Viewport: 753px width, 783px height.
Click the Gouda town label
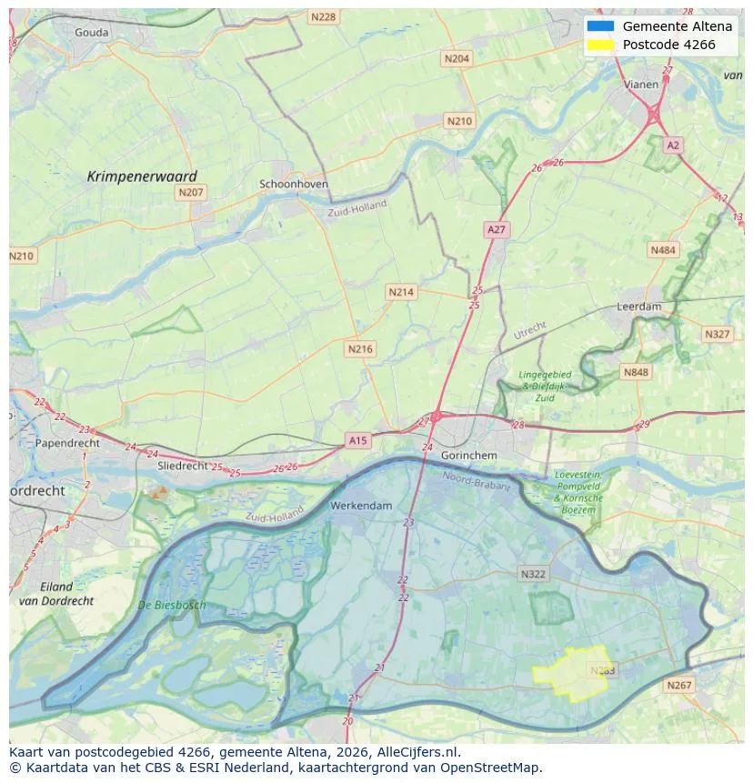pos(91,33)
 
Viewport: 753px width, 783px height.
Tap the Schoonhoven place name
pos(294,184)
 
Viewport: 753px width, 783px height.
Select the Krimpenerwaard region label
pos(142,176)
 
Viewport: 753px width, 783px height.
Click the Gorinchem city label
pos(468,455)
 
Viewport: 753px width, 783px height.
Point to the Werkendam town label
pos(361,505)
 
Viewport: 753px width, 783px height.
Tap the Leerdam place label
pos(638,306)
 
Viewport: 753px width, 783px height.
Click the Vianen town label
pos(641,84)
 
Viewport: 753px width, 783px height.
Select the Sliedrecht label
pos(183,465)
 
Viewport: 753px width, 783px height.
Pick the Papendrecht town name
pos(67,443)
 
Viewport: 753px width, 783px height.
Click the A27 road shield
pos(496,230)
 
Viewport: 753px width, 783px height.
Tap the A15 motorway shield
pos(358,440)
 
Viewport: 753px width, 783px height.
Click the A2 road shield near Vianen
pos(672,145)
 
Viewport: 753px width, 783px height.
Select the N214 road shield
pos(400,292)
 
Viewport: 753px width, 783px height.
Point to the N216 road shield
pos(360,348)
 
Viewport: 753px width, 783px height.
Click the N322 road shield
pos(533,574)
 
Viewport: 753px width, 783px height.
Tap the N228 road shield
pos(323,16)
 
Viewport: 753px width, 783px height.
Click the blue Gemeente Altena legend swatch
pos(600,26)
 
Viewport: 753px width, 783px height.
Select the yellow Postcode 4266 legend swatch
pos(600,45)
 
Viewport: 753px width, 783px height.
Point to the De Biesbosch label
pos(172,605)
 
